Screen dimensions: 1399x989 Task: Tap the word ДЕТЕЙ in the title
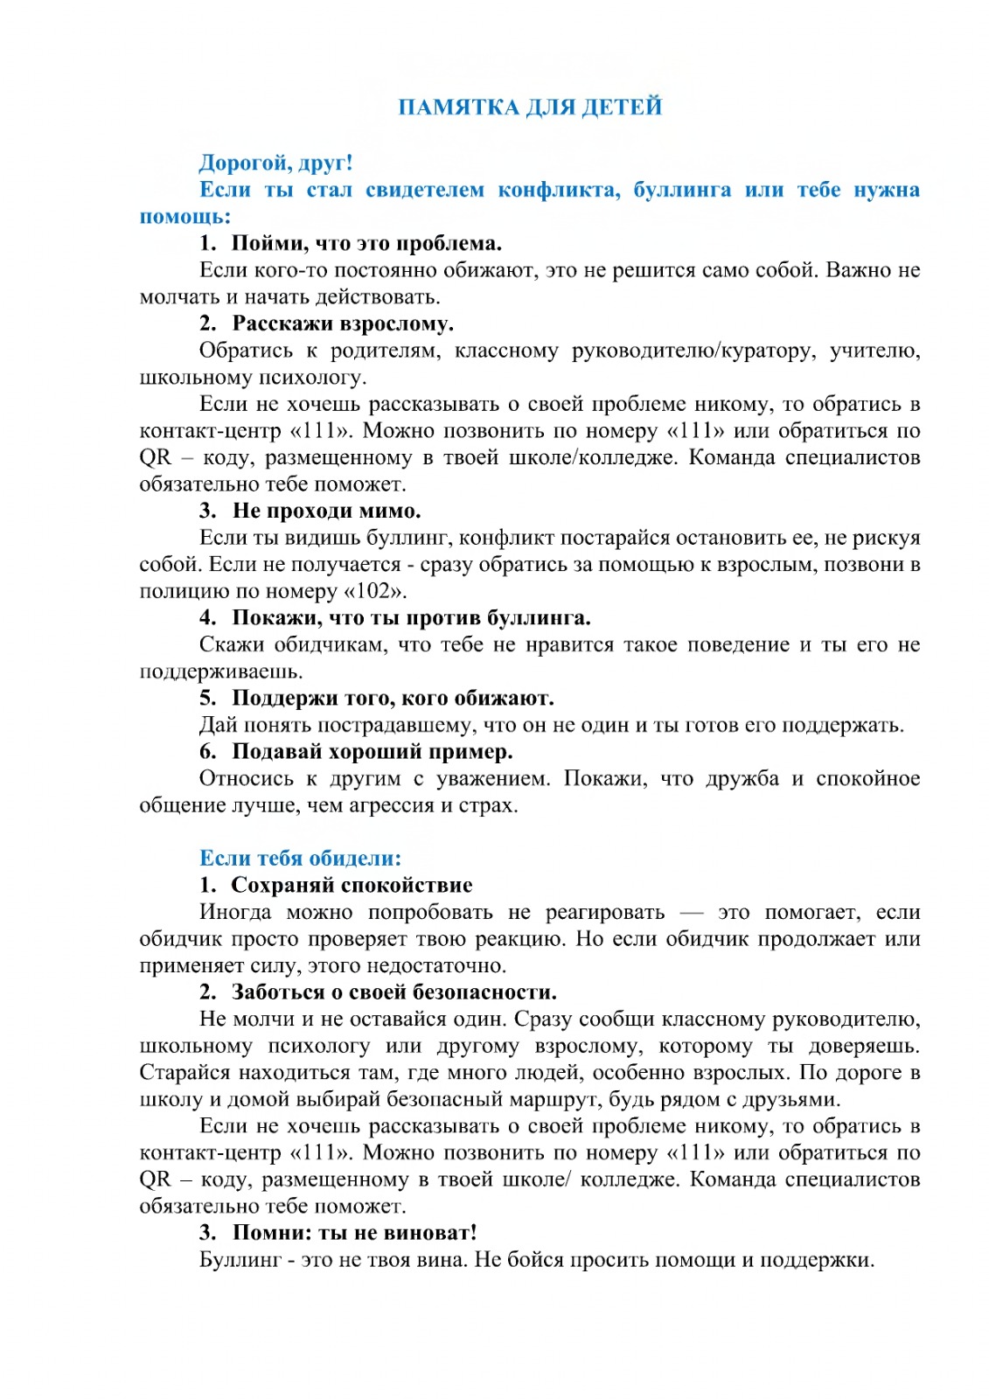(622, 107)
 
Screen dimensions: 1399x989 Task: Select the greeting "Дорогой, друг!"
(275, 163)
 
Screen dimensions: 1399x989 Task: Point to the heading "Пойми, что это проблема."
(366, 243)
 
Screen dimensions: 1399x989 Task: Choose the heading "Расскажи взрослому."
(343, 324)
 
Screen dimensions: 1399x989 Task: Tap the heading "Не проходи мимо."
(326, 511)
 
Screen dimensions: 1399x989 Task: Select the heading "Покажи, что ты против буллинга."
(411, 617)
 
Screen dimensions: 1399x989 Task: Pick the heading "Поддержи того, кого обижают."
(393, 698)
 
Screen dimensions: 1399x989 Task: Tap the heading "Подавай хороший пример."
(372, 751)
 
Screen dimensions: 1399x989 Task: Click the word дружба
(742, 778)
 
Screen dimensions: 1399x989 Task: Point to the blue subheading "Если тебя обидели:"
(300, 858)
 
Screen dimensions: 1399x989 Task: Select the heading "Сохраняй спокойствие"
(352, 885)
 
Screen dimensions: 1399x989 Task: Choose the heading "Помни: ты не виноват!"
(354, 1233)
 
